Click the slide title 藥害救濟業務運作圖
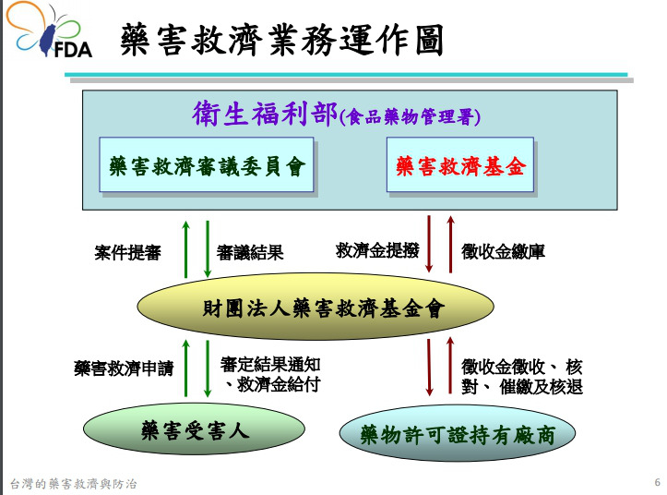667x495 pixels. [x=281, y=42]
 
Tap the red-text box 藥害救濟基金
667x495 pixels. [x=459, y=165]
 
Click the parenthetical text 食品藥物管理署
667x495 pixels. [x=411, y=117]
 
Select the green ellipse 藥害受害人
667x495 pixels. [x=194, y=429]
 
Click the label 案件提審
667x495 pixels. [x=127, y=251]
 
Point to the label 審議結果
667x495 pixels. [x=250, y=252]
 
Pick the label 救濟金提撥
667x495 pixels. [x=376, y=250]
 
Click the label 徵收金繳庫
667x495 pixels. [x=503, y=251]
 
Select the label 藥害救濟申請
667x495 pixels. [x=123, y=368]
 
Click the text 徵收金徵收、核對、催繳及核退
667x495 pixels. [x=522, y=376]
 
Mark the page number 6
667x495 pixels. [x=656, y=482]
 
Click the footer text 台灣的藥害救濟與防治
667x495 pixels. [x=73, y=483]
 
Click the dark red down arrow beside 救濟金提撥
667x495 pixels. [x=430, y=244]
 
